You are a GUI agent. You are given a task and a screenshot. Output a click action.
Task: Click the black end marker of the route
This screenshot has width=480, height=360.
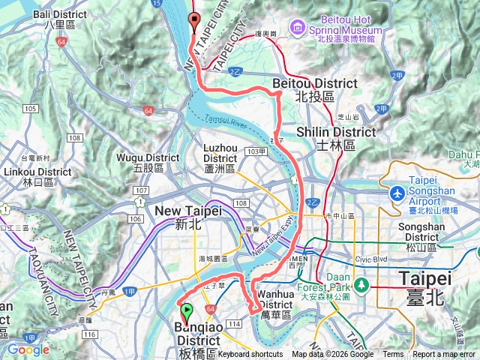tap(194, 21)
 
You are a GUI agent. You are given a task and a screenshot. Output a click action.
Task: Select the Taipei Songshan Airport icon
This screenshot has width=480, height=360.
tap(395, 193)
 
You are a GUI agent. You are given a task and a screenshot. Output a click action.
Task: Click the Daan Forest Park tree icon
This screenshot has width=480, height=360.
tap(362, 285)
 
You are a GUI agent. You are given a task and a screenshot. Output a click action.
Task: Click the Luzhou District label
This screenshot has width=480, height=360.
tap(220, 153)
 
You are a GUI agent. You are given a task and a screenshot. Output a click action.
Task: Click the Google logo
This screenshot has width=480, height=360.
tap(28, 349)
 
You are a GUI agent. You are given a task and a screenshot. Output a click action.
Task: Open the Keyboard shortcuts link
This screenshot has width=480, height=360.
tap(250, 355)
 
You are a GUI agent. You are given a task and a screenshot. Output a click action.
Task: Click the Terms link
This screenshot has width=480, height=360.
tap(393, 355)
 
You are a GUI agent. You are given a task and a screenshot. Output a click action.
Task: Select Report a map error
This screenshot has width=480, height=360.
tap(445, 355)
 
